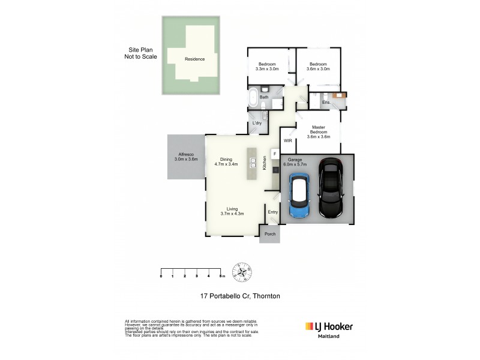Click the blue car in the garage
tap(299, 196)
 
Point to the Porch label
tap(270, 234)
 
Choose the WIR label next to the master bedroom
tap(287, 140)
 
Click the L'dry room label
tap(257, 124)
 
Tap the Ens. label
tap(326, 103)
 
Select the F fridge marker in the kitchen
tap(275, 154)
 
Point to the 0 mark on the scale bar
tap(161, 276)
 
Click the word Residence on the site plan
tap(194, 59)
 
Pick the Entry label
tap(273, 212)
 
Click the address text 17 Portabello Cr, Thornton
tap(240, 296)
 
